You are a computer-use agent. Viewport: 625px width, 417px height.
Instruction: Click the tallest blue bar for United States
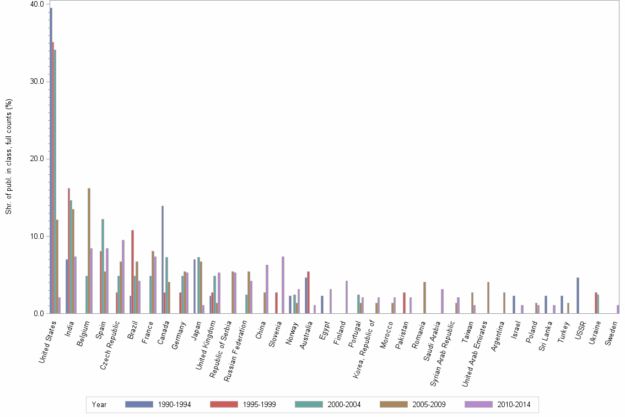click(x=51, y=161)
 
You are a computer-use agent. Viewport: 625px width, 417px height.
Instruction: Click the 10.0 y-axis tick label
click(x=37, y=237)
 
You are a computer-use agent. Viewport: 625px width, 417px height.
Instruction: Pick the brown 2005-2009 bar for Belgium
click(x=89, y=251)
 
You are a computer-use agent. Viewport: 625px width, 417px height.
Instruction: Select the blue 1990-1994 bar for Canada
click(x=163, y=260)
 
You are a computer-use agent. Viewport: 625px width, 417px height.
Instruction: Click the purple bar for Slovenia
click(x=283, y=285)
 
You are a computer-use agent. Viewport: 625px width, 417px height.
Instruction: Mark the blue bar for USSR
click(x=578, y=296)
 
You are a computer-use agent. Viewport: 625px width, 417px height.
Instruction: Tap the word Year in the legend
click(x=99, y=404)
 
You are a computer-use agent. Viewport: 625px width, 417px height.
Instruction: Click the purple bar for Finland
click(x=347, y=297)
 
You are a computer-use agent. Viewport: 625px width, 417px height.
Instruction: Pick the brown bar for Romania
click(x=424, y=298)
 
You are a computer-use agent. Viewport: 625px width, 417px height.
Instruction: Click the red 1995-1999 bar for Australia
click(x=309, y=292)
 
